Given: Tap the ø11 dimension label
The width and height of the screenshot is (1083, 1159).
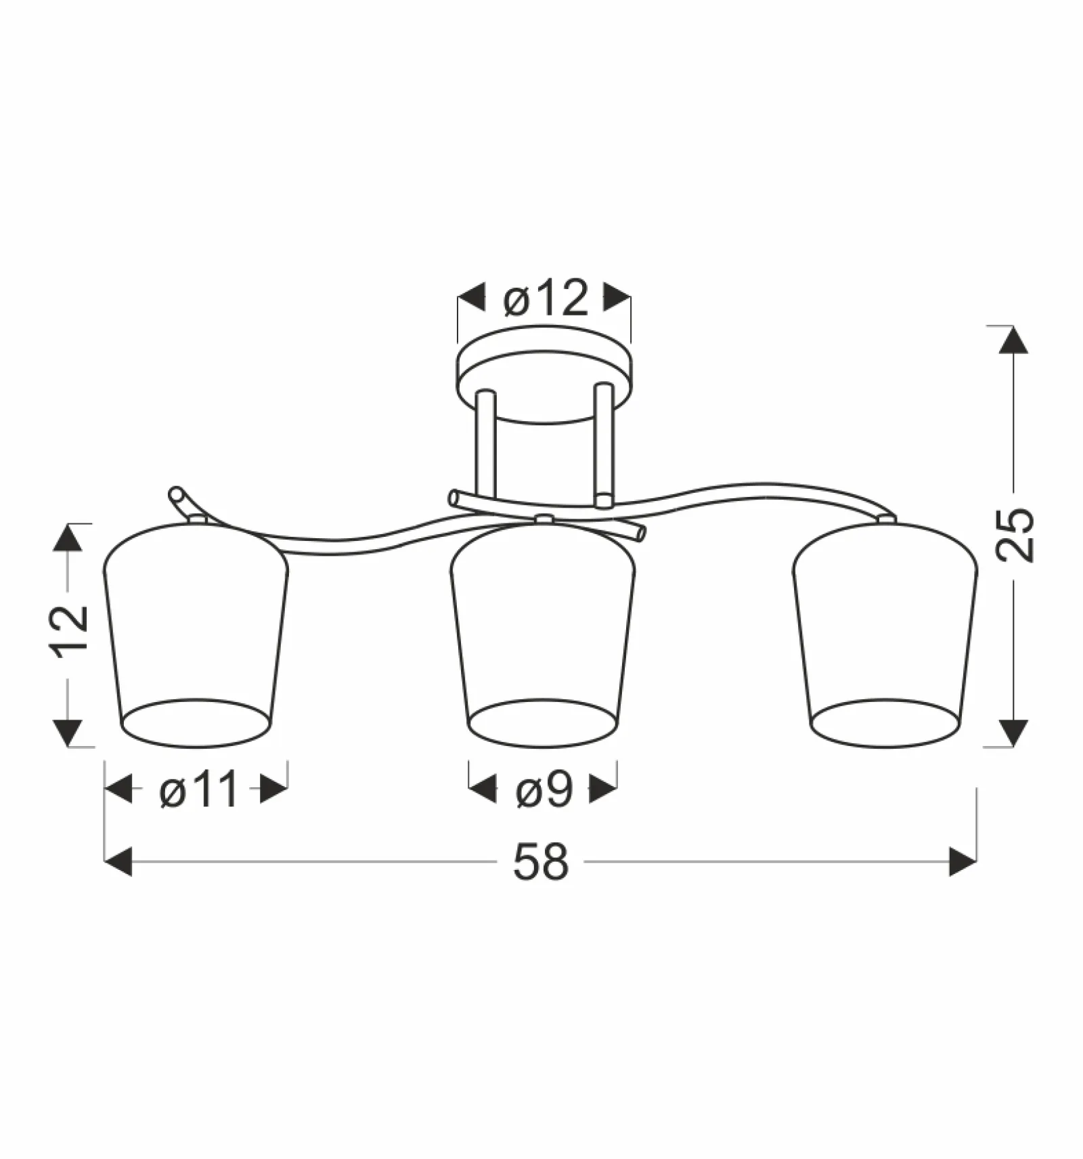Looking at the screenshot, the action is [200, 789].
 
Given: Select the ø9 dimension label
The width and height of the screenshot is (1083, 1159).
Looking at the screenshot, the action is [544, 789].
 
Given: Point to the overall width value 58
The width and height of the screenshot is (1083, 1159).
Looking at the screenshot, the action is [541, 862].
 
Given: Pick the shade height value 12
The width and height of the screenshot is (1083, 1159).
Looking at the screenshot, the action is [68, 628].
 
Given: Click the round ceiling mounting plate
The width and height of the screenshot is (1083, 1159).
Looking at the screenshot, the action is [544, 376].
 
